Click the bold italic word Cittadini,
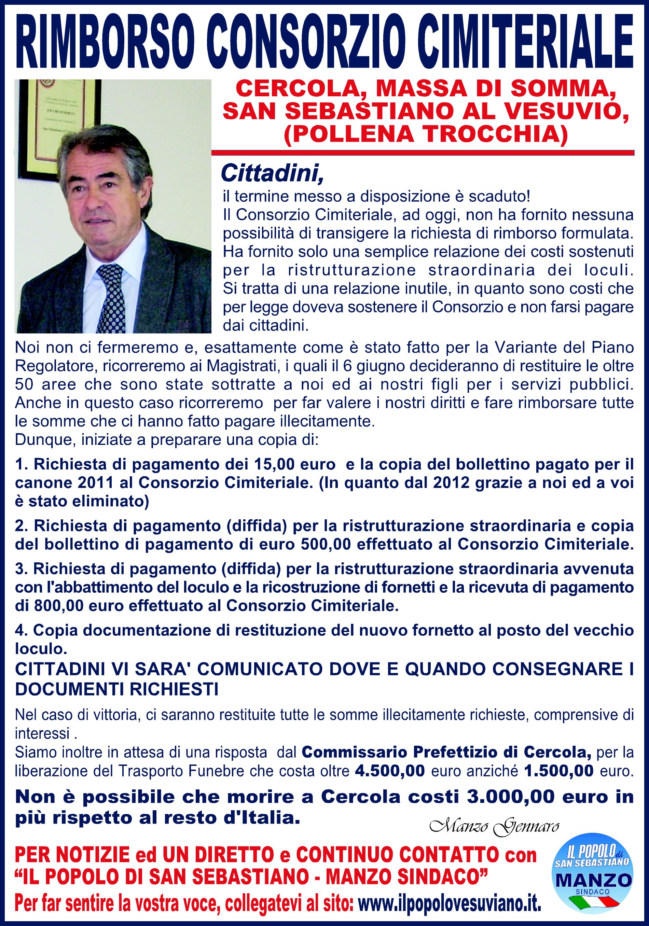click(x=272, y=173)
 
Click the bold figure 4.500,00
click(x=390, y=772)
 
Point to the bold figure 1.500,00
click(x=558, y=772)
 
